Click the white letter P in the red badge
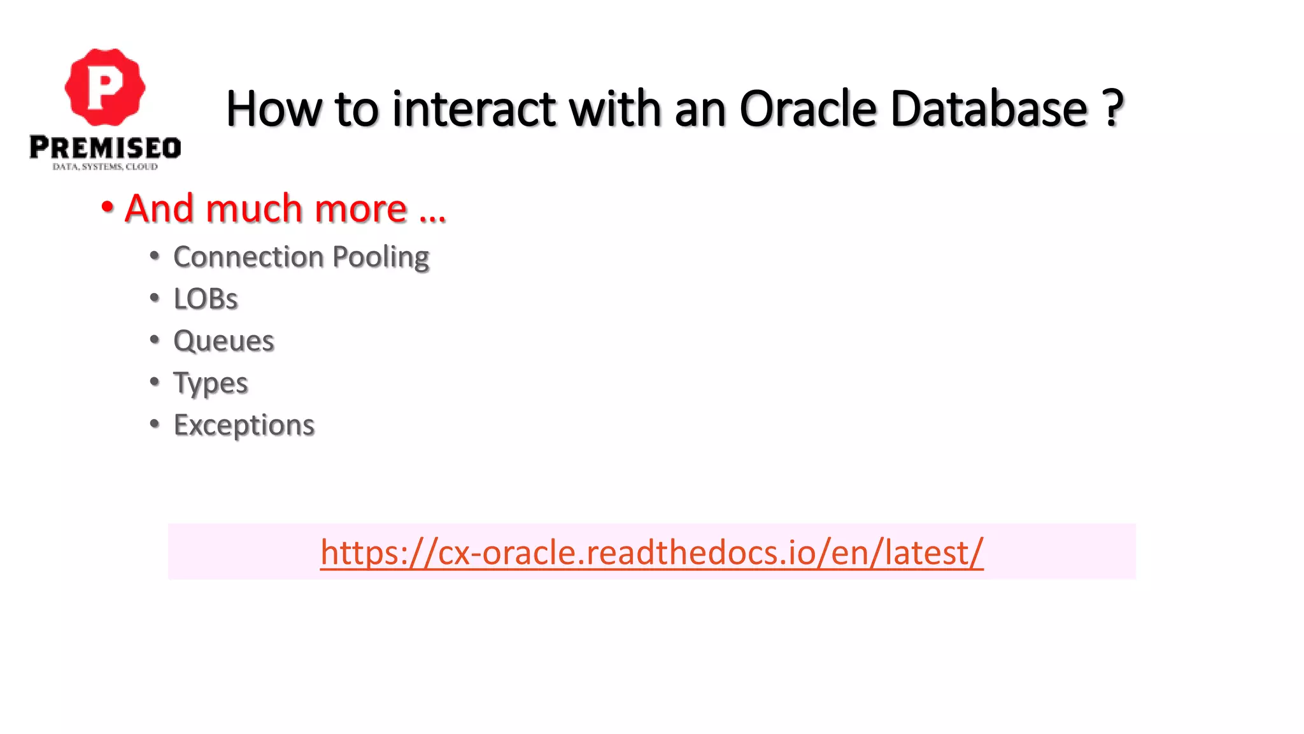click(x=104, y=88)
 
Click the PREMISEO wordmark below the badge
click(x=105, y=148)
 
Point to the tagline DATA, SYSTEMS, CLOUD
click(x=105, y=167)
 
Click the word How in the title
click(x=273, y=109)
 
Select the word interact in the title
click(x=474, y=109)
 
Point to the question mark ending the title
click(x=1112, y=109)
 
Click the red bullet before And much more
click(x=107, y=207)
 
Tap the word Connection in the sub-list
click(x=248, y=257)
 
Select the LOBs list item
click(x=206, y=299)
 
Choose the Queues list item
click(x=223, y=341)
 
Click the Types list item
click(x=210, y=384)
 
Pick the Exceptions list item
click(x=244, y=425)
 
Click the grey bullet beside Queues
click(x=154, y=340)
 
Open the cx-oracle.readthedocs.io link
click(x=651, y=552)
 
